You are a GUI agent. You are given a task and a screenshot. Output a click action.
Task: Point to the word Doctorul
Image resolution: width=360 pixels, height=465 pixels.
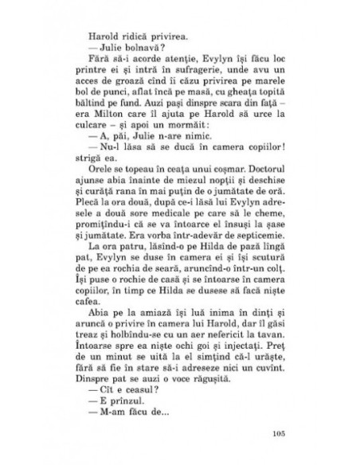(x=248, y=191)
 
